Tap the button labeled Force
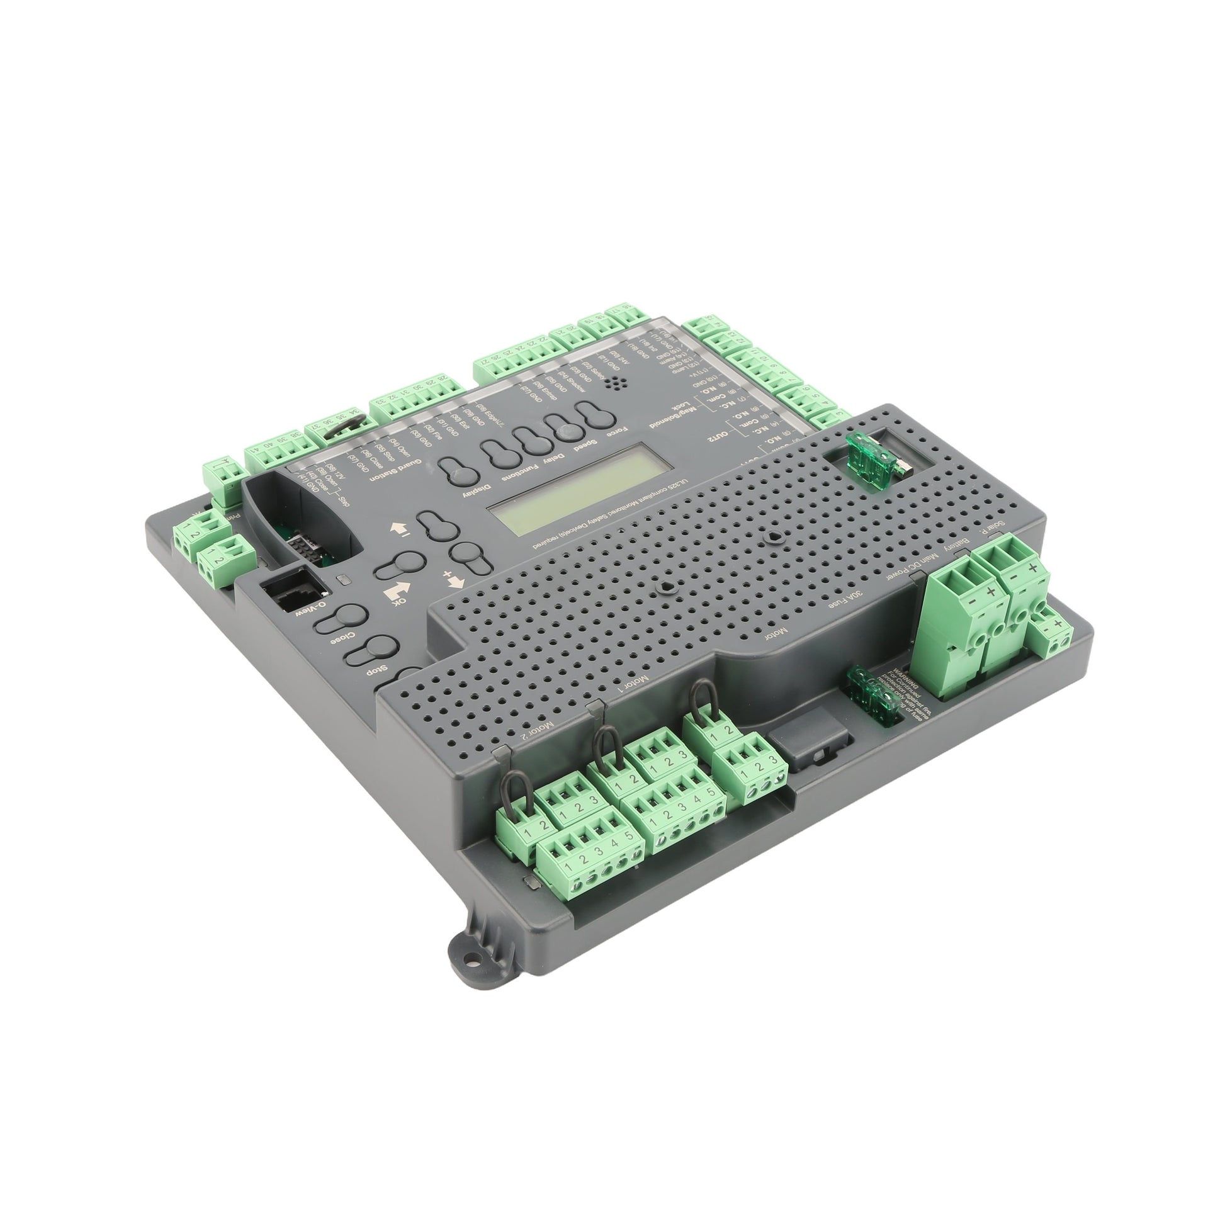click(x=599, y=419)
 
